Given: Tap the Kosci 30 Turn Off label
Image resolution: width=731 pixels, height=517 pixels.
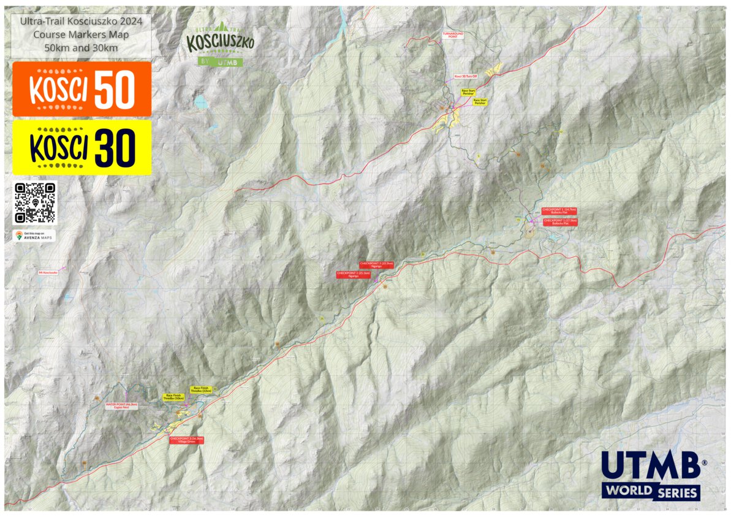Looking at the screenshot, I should (x=465, y=76).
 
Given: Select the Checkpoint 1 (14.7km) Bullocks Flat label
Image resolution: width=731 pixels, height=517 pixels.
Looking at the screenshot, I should (x=559, y=211).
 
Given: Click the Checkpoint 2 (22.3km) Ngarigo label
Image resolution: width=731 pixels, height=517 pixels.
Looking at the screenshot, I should (x=376, y=264).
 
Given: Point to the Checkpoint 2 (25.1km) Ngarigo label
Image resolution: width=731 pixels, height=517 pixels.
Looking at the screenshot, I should (x=353, y=275).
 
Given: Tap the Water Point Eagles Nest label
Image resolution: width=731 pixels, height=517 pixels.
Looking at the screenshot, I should (x=121, y=406).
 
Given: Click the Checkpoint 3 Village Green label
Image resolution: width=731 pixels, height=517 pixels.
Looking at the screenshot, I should (x=186, y=440).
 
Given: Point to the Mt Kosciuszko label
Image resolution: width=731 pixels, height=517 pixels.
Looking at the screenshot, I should (x=48, y=272).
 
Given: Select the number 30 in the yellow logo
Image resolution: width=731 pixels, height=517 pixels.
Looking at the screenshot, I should (x=113, y=148).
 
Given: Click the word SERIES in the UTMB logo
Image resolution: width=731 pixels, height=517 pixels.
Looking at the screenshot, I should (x=676, y=492).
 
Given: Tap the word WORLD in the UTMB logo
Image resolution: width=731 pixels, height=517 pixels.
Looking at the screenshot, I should (x=626, y=492).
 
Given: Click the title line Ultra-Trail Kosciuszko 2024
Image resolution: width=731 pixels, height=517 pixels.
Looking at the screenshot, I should (x=81, y=21).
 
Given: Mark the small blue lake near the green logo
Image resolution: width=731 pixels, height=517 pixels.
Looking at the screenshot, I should (x=201, y=102).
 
